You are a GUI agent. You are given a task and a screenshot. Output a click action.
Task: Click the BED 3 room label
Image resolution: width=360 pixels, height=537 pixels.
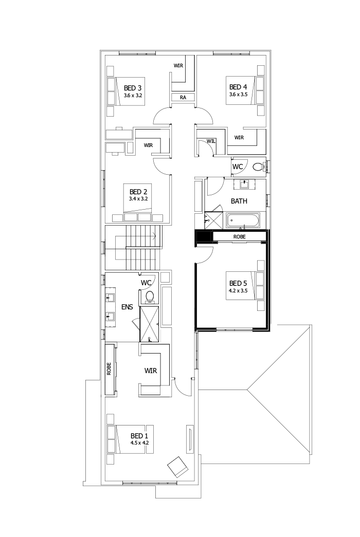point(133,87)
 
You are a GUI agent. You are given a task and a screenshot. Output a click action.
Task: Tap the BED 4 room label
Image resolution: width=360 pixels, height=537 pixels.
point(239,87)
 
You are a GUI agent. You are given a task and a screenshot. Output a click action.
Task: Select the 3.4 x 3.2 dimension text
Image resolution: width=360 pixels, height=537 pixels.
point(138,198)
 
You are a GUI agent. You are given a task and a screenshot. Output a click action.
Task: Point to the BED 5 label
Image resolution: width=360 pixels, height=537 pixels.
point(238,283)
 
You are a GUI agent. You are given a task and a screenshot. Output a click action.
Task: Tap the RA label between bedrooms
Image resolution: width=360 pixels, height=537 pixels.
point(183,98)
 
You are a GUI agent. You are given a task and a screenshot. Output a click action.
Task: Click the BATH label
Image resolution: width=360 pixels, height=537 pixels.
point(239,201)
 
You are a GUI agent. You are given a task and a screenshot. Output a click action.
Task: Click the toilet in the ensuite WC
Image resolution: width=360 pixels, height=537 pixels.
point(150,296)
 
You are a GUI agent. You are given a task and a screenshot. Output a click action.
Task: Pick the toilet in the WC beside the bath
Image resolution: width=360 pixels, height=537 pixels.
point(258,166)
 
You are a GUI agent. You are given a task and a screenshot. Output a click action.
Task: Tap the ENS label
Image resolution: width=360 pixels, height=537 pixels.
point(127,307)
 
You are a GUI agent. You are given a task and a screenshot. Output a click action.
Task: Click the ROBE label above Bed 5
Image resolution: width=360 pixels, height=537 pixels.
point(239,237)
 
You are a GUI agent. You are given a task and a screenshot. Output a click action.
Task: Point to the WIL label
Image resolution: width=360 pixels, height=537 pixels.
point(210,141)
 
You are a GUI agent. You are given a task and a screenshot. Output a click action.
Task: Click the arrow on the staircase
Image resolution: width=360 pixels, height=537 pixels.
point(154,237)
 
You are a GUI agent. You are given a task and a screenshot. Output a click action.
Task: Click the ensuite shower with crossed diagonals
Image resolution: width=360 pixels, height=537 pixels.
point(150,324)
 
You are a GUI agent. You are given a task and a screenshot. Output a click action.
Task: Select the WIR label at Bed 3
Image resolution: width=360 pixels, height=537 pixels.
point(178,65)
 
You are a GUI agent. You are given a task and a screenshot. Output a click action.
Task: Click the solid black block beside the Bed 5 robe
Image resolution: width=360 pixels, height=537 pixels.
point(204,237)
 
